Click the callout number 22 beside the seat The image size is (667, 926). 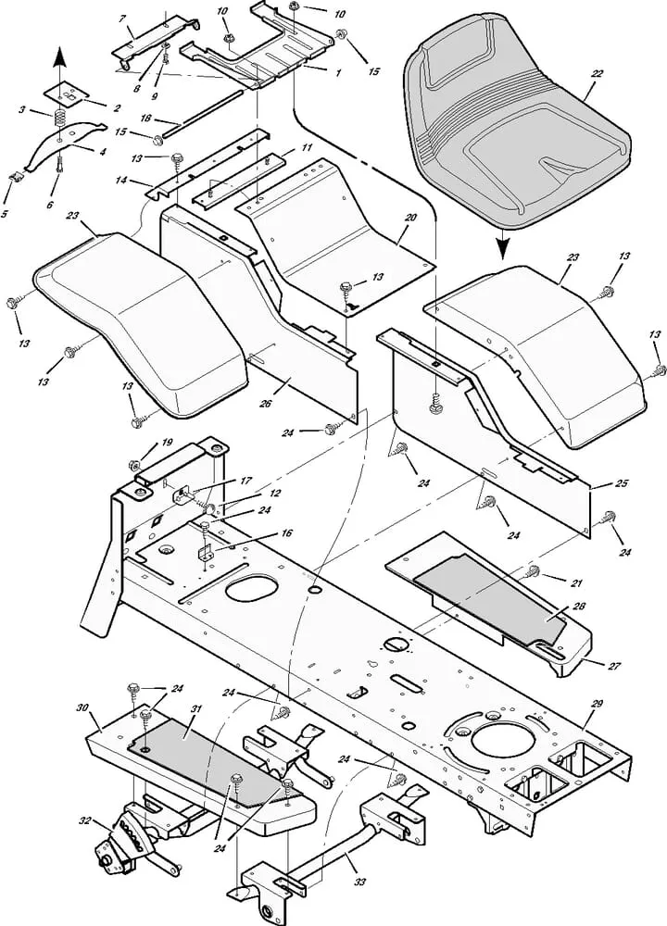pos(597,74)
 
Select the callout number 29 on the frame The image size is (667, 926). pos(596,704)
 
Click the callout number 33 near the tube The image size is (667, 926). pos(359,882)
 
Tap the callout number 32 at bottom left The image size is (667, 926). pos(85,820)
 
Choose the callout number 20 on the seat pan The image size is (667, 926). pos(410,218)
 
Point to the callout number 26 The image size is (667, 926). pos(266,404)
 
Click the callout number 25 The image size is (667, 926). pos(621,483)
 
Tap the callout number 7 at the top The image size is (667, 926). pos(122,19)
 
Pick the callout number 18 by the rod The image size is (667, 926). pos(145,119)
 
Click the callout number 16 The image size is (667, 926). pos(286,533)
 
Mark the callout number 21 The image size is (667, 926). pos(576,582)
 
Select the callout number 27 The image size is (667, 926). pos(614,666)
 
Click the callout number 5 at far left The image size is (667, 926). pos(5,214)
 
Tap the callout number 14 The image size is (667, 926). pos(121,180)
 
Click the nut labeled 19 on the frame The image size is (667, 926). pos(133,465)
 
